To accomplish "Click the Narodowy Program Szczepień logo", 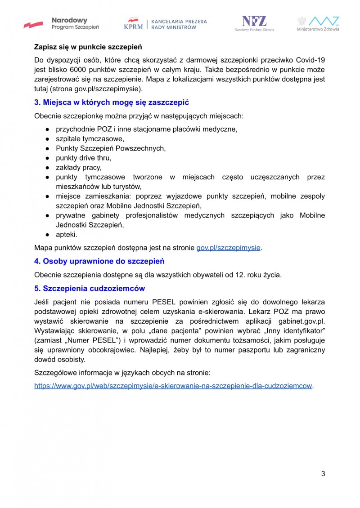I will click(x=62, y=23).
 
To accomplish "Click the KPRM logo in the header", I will click(x=165, y=24).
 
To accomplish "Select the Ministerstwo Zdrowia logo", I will click(x=318, y=24).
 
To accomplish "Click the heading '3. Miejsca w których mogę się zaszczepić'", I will click(x=112, y=102).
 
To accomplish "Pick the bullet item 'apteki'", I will click(x=67, y=234).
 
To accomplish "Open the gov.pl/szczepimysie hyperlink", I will click(x=228, y=247).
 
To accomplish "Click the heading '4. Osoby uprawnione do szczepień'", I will click(x=99, y=261).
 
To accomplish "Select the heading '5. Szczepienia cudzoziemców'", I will click(x=90, y=288).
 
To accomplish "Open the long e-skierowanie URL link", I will click(x=173, y=386).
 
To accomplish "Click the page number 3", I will click(x=323, y=473).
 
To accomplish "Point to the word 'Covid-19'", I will click(x=311, y=60).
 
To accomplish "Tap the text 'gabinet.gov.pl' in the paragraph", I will click(x=301, y=321).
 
